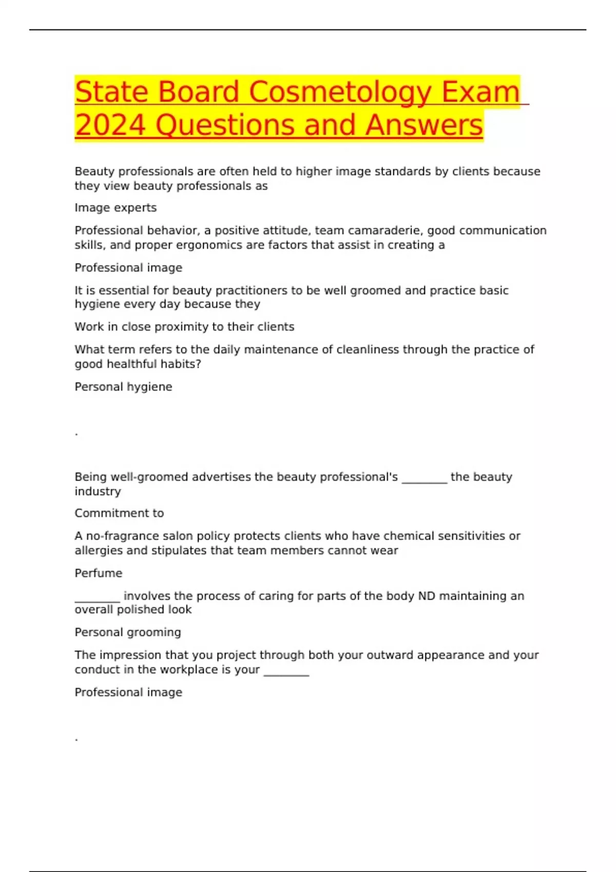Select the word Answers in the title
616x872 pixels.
point(424,125)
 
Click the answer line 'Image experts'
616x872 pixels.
point(115,208)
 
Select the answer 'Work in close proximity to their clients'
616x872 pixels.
point(184,327)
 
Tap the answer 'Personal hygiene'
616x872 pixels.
point(123,387)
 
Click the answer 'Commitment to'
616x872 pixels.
point(119,513)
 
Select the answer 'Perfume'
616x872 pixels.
point(99,573)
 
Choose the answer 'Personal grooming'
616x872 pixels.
point(128,632)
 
